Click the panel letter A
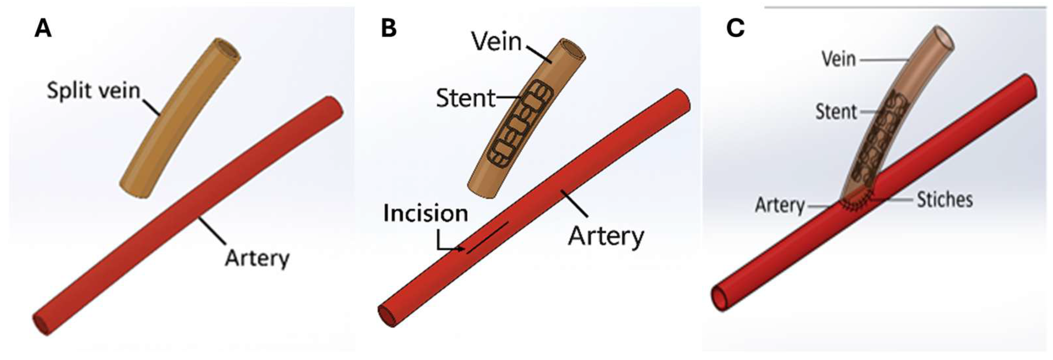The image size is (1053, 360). click(x=43, y=29)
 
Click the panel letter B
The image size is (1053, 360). click(x=388, y=29)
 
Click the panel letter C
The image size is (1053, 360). click(x=735, y=29)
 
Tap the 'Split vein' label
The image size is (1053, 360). click(x=94, y=90)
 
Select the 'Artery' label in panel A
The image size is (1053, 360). click(x=257, y=258)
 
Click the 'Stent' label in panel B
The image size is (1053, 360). click(x=466, y=98)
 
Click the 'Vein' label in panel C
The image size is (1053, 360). click(x=838, y=60)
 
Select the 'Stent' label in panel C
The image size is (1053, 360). click(x=836, y=111)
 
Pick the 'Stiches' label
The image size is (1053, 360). click(x=945, y=200)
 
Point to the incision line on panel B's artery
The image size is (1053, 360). click(x=488, y=238)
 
